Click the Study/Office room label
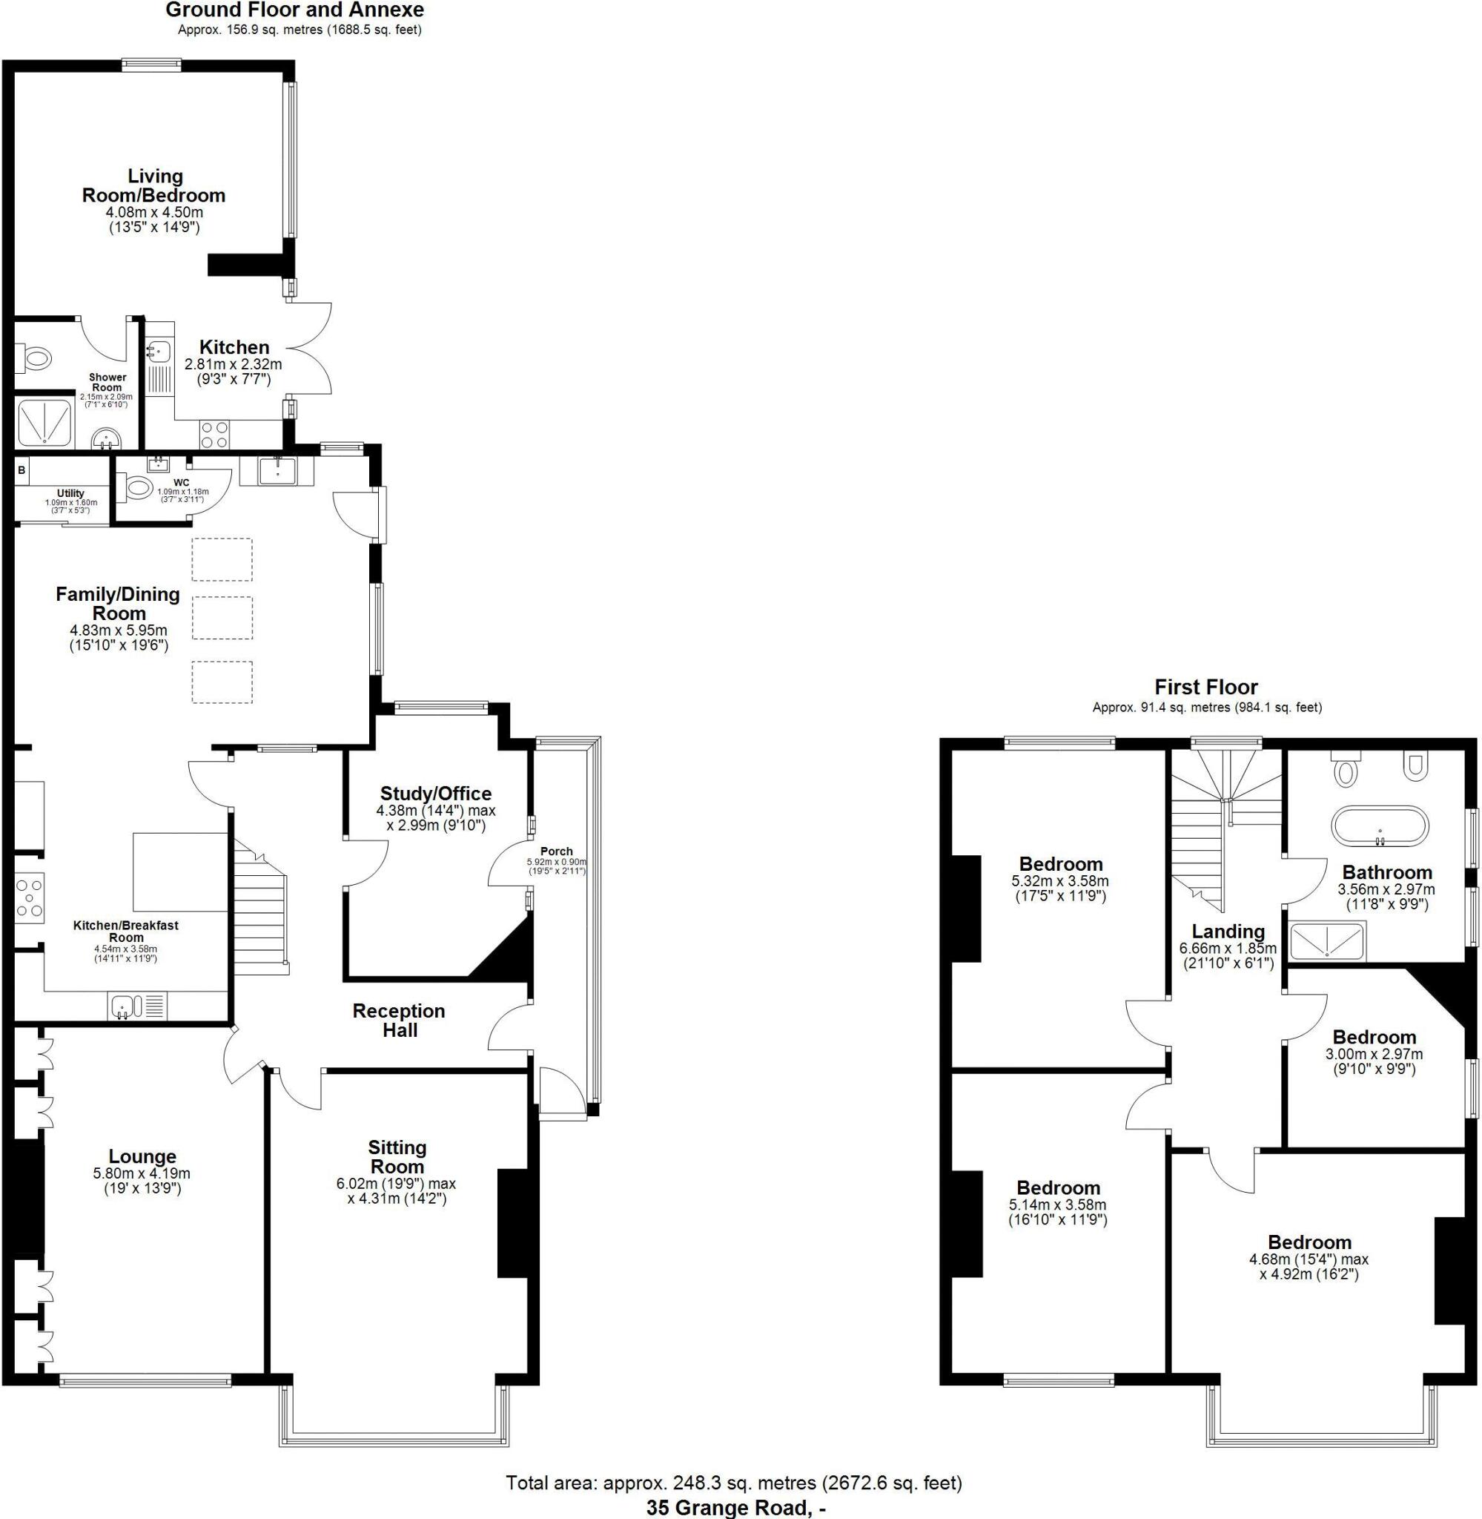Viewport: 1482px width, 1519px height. [435, 794]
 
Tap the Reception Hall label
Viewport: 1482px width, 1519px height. [399, 1020]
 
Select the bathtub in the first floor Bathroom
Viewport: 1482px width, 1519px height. [1380, 826]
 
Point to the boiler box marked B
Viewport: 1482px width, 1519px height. [21, 470]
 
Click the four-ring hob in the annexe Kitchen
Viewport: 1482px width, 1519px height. [215, 435]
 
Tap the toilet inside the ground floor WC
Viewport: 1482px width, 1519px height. [138, 488]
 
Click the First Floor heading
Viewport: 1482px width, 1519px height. [1205, 687]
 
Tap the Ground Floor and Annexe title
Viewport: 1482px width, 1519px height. [295, 10]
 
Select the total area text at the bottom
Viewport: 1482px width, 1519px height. [733, 1483]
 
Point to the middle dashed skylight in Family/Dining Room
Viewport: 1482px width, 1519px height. [222, 617]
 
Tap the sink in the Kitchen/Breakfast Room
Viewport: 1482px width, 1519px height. [125, 1006]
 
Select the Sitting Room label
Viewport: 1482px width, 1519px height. [397, 1157]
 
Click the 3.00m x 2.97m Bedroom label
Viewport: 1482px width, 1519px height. [1374, 1037]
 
